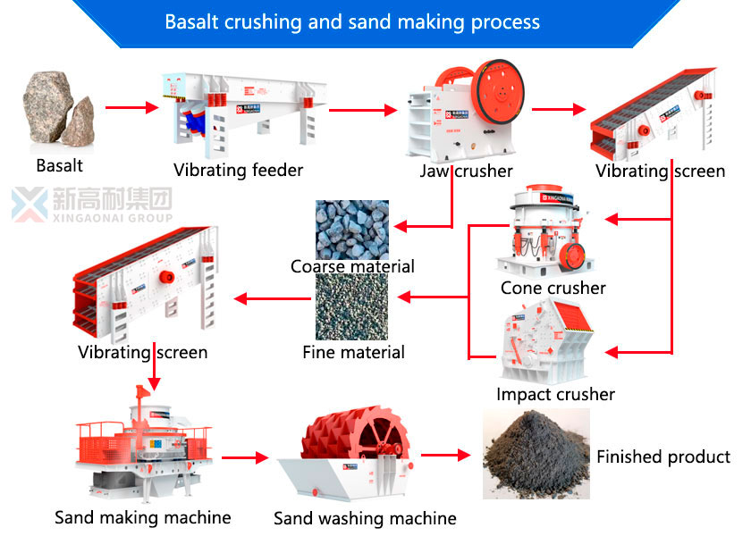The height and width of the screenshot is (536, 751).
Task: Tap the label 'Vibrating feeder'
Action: tap(238, 170)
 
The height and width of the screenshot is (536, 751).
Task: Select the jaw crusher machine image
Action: tap(465, 112)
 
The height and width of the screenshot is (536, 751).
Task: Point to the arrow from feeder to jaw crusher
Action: tap(361, 111)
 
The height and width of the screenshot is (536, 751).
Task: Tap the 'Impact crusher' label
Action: tap(555, 394)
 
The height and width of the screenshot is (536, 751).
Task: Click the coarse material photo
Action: tap(352, 230)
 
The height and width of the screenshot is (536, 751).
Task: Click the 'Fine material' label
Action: tap(353, 352)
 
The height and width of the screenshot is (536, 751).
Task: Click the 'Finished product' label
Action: tap(663, 456)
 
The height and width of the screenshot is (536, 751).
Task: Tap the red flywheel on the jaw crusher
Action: tap(495, 94)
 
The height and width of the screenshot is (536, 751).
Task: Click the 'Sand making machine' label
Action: tap(143, 517)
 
